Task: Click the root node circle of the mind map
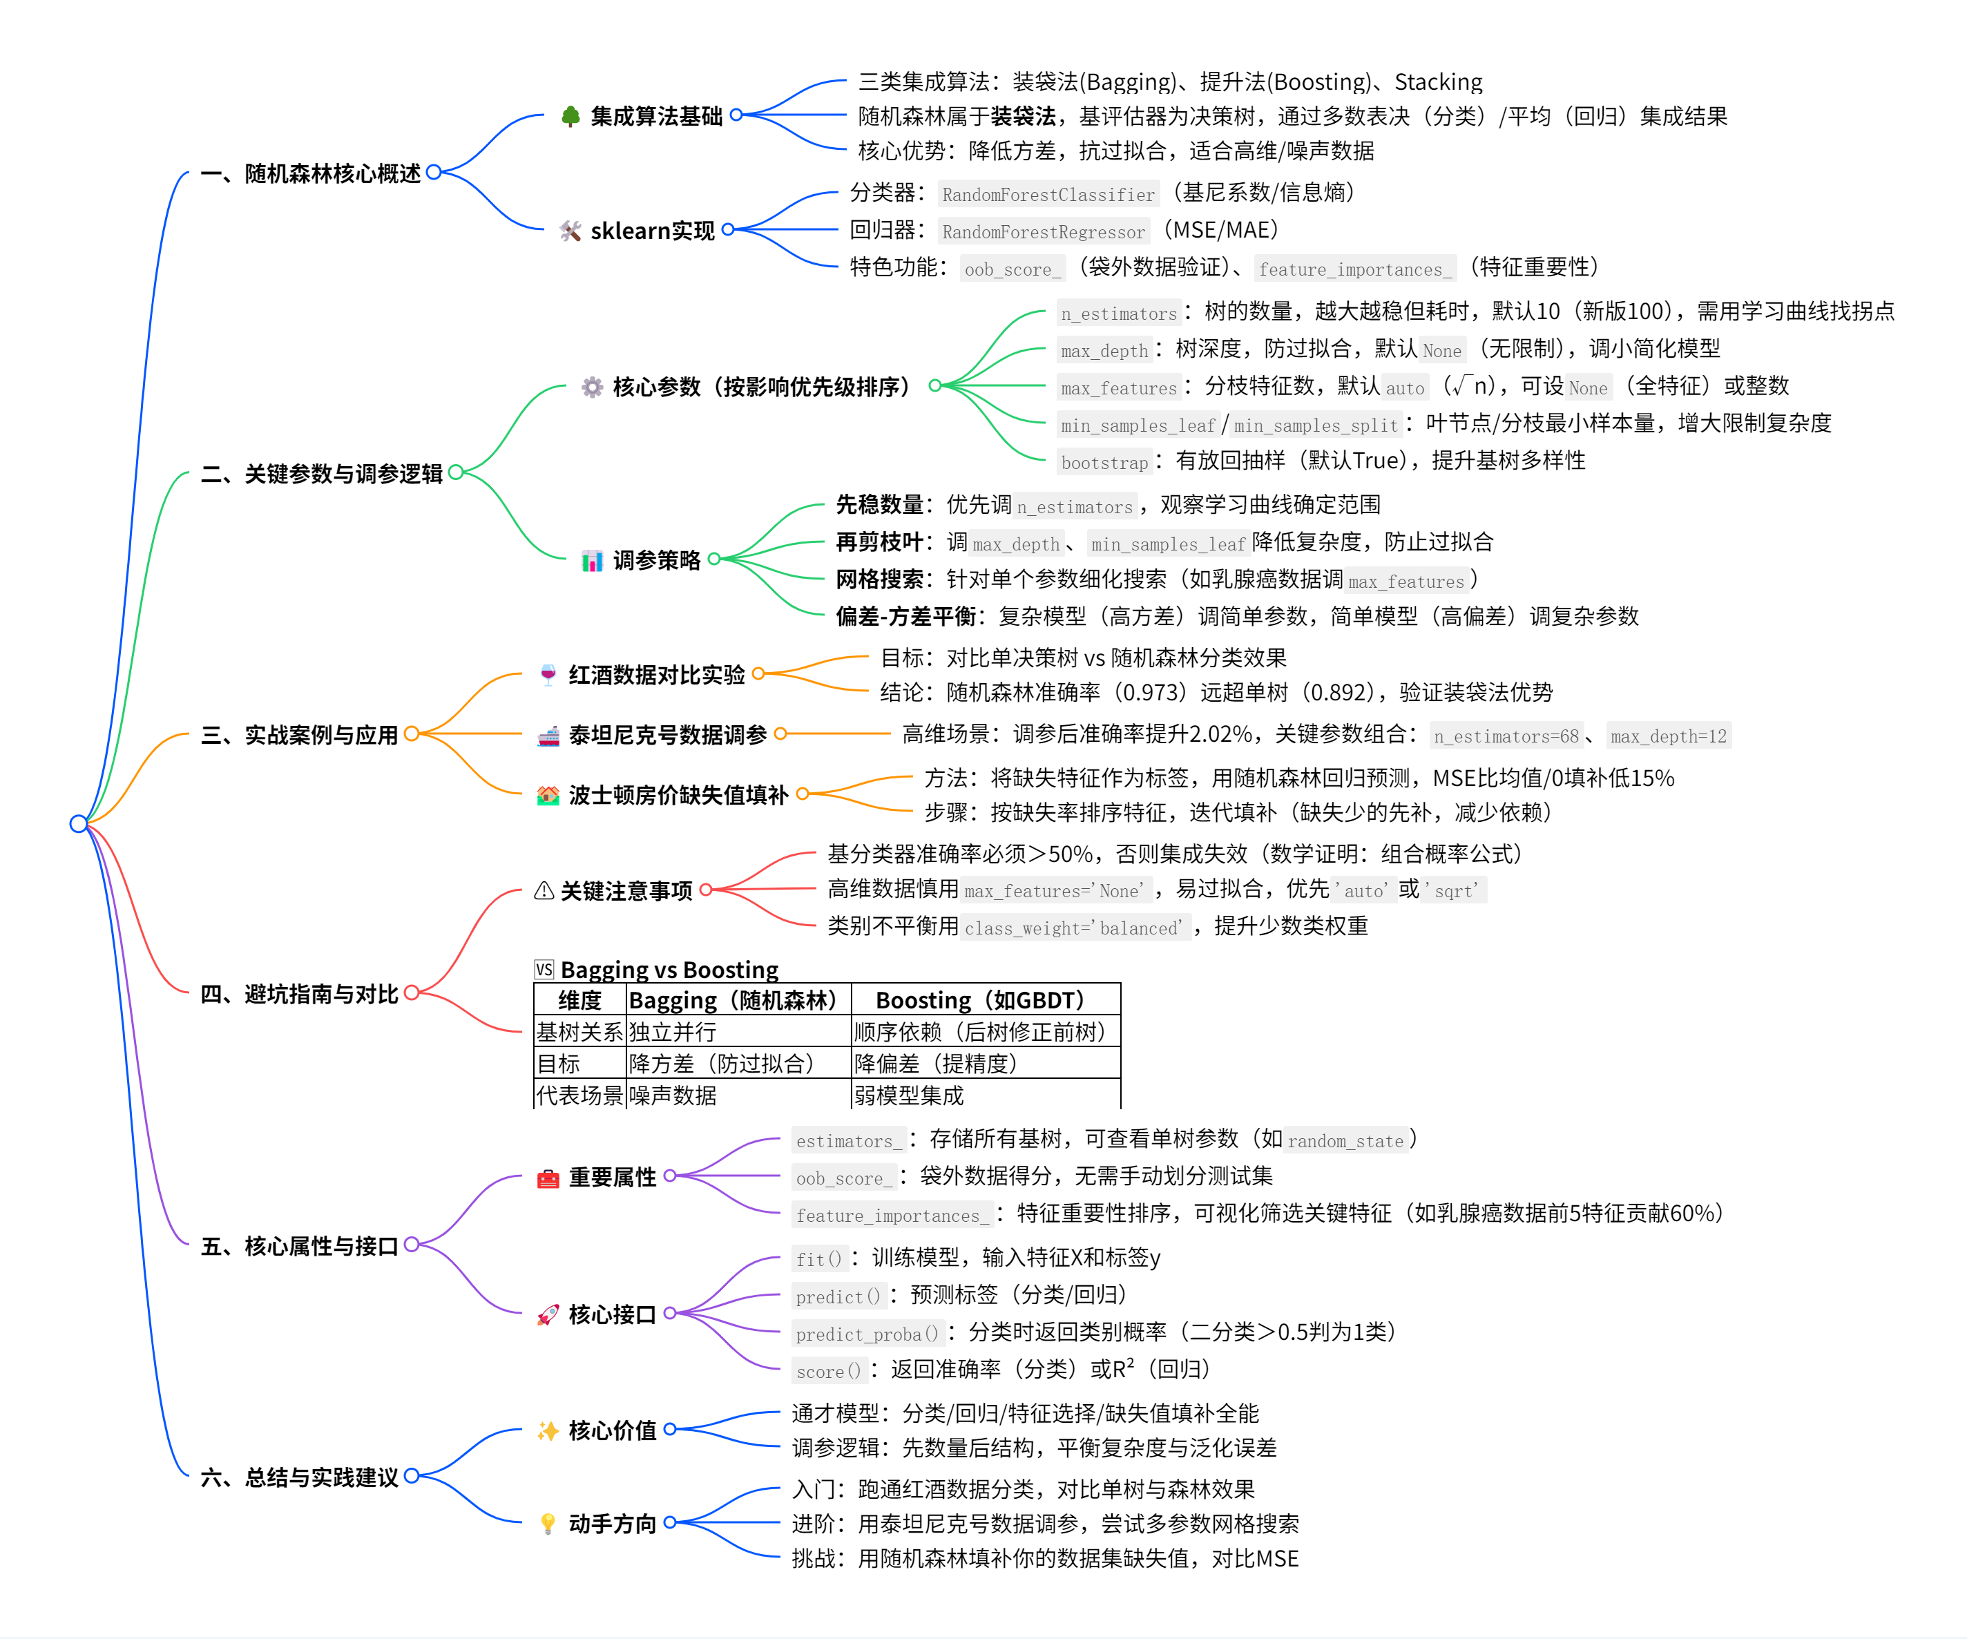click(x=79, y=823)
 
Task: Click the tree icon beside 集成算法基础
click(x=570, y=116)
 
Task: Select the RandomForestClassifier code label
click(x=1048, y=194)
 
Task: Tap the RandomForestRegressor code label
click(x=1044, y=231)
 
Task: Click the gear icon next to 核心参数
click(x=592, y=387)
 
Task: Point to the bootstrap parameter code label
click(x=1104, y=462)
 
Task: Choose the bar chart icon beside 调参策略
click(x=592, y=561)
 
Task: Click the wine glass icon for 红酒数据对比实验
click(x=548, y=674)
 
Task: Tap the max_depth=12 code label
click(x=1668, y=736)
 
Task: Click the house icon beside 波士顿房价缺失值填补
click(x=548, y=795)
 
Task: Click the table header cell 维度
click(x=579, y=1000)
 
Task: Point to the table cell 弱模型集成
click(x=909, y=1095)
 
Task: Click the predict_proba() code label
click(x=866, y=1334)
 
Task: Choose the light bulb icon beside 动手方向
click(x=548, y=1524)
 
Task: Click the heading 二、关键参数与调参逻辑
click(x=321, y=474)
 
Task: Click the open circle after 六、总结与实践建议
click(x=411, y=1476)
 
